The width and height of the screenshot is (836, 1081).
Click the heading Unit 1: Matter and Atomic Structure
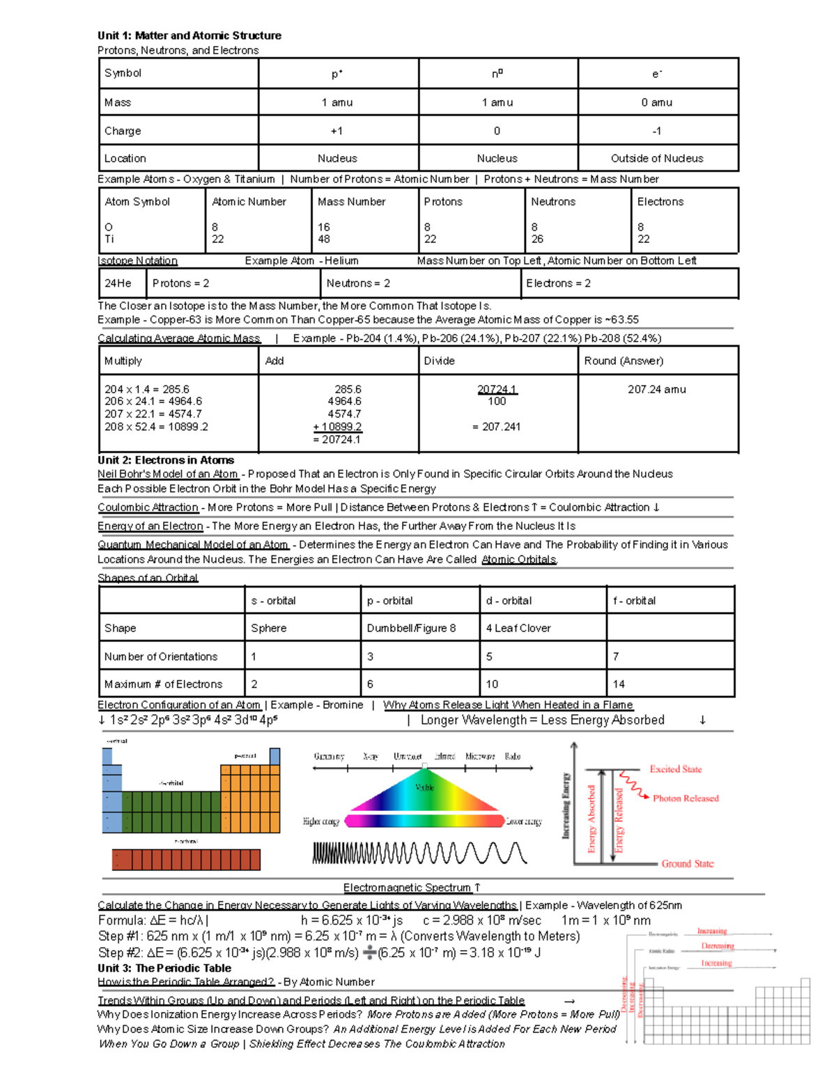pyautogui.click(x=189, y=35)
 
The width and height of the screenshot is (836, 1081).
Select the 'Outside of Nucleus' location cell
pyautogui.click(x=656, y=159)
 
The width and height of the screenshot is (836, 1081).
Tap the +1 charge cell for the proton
pyautogui.click(x=336, y=131)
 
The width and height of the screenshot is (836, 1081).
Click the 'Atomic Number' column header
pyautogui.click(x=249, y=202)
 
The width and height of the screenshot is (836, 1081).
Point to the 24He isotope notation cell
pyautogui.click(x=118, y=283)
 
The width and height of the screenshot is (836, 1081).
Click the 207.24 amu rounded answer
pyautogui.click(x=656, y=390)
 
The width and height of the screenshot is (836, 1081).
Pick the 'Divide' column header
pyautogui.click(x=439, y=361)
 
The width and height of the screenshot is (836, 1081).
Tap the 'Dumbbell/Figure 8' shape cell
pyautogui.click(x=411, y=628)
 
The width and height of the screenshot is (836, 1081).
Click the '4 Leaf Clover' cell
pyautogui.click(x=518, y=628)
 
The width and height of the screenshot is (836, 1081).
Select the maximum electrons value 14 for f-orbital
pyautogui.click(x=619, y=684)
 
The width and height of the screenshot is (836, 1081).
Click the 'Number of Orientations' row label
pyautogui.click(x=161, y=656)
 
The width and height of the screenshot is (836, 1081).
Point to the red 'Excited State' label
pyautogui.click(x=675, y=769)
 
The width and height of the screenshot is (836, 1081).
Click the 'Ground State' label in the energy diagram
pyautogui.click(x=687, y=864)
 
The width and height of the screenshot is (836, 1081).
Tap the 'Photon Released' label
pyautogui.click(x=686, y=798)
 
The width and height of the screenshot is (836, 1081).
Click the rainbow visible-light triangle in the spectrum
pyautogui.click(x=425, y=794)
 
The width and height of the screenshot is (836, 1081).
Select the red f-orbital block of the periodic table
pyautogui.click(x=186, y=860)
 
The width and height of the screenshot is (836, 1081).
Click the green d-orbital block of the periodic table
pyautogui.click(x=171, y=811)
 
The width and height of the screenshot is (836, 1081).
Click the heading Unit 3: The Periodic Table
pyautogui.click(x=164, y=968)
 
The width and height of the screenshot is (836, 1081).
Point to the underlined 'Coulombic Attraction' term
pyautogui.click(x=148, y=507)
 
